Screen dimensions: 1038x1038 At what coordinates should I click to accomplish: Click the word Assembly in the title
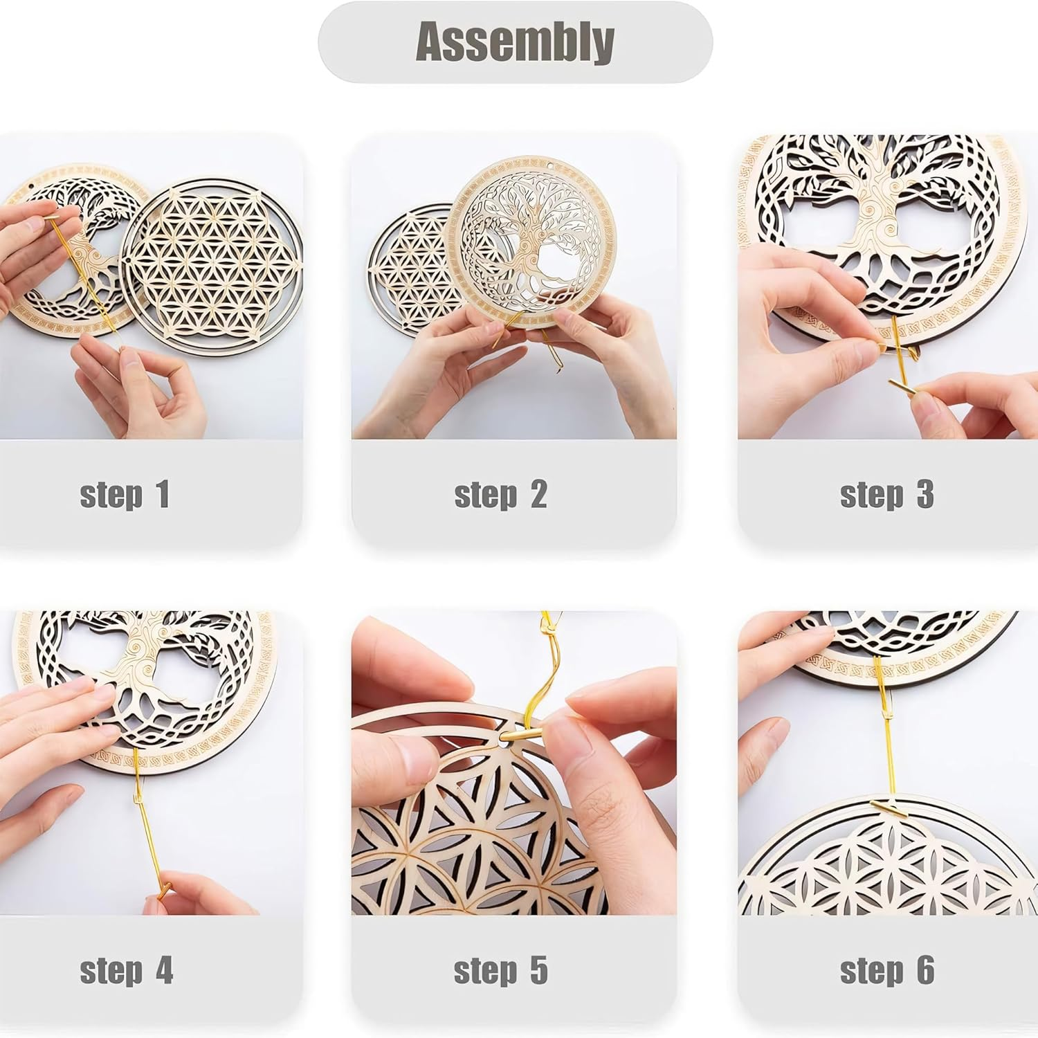point(515,42)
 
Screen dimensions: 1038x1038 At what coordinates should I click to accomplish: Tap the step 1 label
point(125,495)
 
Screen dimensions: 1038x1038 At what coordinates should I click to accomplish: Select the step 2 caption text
point(500,495)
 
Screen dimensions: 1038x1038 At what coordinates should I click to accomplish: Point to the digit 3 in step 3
point(925,495)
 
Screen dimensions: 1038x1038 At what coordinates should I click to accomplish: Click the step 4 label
point(126,970)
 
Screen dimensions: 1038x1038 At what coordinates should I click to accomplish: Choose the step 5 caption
point(500,970)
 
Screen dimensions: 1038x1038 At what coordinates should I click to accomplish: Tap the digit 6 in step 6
point(925,970)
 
